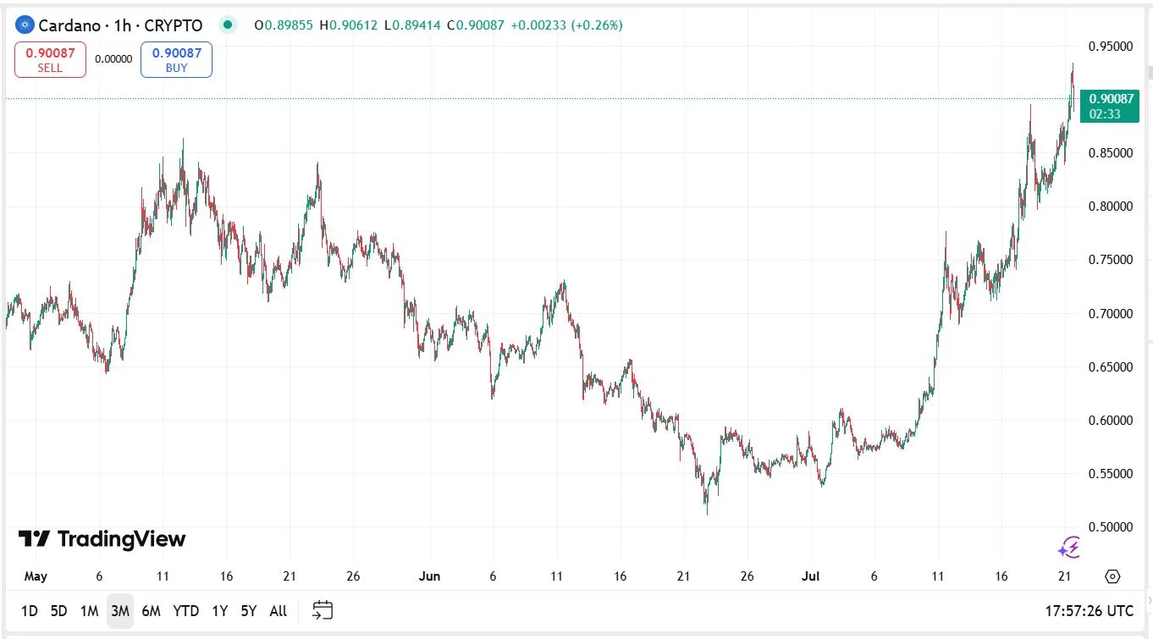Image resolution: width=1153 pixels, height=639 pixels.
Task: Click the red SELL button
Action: (50, 59)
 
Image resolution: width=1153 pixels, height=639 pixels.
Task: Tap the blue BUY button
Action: (176, 59)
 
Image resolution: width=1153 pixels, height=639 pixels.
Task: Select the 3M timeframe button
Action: (119, 610)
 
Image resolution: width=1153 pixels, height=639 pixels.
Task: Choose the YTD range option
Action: (185, 610)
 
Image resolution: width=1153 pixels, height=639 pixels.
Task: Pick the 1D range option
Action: (29, 610)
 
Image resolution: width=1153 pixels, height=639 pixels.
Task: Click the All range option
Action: (278, 610)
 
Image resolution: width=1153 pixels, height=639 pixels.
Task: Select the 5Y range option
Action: (248, 610)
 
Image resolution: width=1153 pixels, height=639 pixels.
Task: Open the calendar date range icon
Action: (323, 610)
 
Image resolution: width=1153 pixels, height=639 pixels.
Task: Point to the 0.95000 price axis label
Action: (1111, 46)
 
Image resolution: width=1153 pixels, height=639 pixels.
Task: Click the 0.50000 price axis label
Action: (1111, 526)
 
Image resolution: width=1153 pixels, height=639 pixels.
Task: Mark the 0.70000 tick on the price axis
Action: (1111, 313)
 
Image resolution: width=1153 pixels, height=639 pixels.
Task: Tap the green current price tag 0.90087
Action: (1110, 106)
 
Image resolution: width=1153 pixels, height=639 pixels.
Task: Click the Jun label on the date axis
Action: (429, 576)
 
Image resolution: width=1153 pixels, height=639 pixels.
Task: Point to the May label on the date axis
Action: (36, 576)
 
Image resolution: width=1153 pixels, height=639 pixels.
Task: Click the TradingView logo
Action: (102, 539)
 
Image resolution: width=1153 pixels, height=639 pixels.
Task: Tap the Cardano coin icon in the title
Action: (25, 25)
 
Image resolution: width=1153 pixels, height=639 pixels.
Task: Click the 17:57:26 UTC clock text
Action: (1088, 610)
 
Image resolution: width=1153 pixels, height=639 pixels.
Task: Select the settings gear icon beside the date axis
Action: (1112, 576)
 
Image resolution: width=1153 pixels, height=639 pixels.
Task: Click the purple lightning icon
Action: (1069, 548)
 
